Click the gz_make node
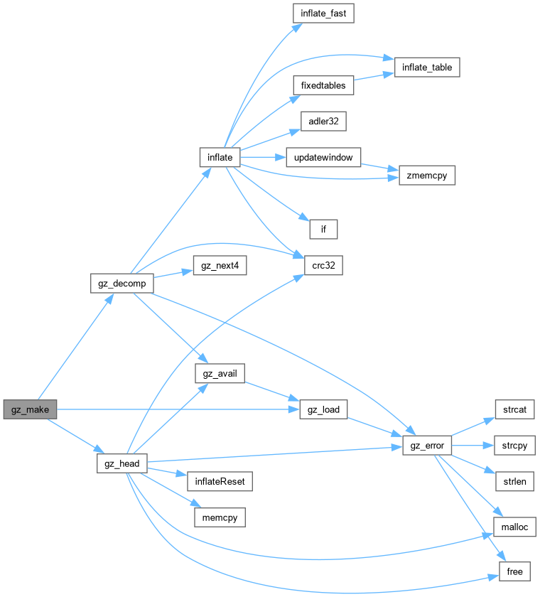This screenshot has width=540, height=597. pos(30,409)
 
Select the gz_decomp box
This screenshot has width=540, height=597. pos(122,283)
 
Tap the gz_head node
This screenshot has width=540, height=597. pos(122,464)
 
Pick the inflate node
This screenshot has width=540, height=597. pos(220,156)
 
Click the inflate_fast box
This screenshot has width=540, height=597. pos(323,13)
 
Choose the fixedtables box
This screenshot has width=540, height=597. pos(323,85)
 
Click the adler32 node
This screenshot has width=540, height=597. pos(323,121)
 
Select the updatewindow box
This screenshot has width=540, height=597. pos(323,156)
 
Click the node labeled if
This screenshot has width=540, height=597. pos(323,229)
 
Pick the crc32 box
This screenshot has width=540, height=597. pos(323,265)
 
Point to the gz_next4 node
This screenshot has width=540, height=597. pos(219,265)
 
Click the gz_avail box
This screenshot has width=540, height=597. pos(220,373)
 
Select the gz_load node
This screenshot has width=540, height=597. pos(323,409)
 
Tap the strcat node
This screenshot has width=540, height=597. pos(514,409)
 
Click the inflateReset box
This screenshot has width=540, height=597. pos(220,481)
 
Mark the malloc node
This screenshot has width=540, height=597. pos(514,527)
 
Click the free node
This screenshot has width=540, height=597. pos(514,571)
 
